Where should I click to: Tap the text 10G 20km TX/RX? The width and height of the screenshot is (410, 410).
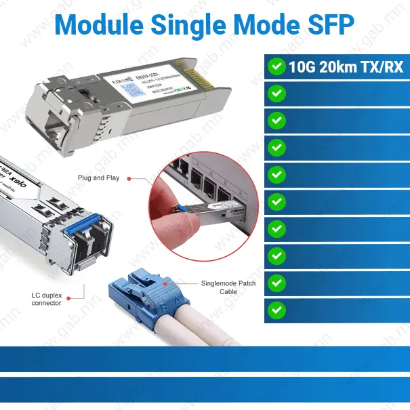click(x=346, y=66)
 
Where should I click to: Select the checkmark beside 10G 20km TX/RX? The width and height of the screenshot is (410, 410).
click(x=276, y=66)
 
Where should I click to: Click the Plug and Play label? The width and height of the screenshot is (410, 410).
click(x=98, y=178)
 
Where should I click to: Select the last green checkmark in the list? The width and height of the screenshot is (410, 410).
click(x=276, y=310)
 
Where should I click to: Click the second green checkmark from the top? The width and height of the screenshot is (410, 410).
click(x=276, y=93)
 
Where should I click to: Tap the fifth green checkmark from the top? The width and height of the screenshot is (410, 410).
click(x=276, y=174)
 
